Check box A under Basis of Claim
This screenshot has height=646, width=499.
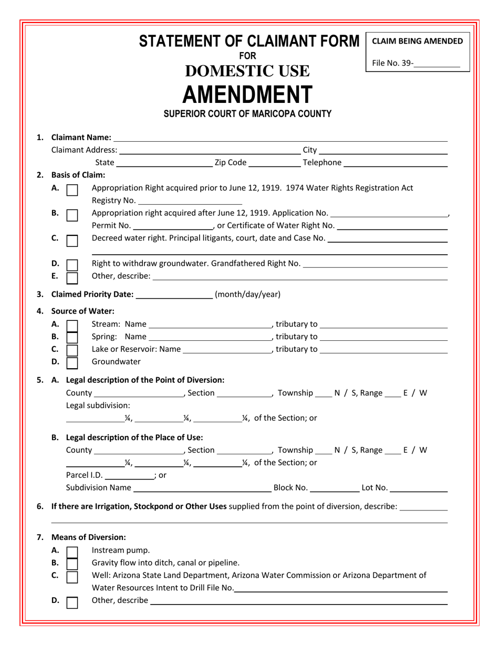(73, 189)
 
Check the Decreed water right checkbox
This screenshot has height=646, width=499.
(73, 239)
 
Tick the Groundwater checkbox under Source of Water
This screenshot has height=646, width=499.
(73, 362)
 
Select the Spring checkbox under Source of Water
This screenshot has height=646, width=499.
(73, 337)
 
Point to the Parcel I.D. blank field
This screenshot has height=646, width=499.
(129, 476)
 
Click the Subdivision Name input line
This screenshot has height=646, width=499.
(202, 489)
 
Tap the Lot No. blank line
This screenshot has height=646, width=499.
(419, 489)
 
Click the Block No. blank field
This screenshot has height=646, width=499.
(334, 489)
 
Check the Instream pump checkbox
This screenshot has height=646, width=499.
(73, 551)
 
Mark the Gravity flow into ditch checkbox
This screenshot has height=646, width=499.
(73, 564)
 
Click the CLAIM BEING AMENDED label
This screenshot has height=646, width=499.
(418, 41)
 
